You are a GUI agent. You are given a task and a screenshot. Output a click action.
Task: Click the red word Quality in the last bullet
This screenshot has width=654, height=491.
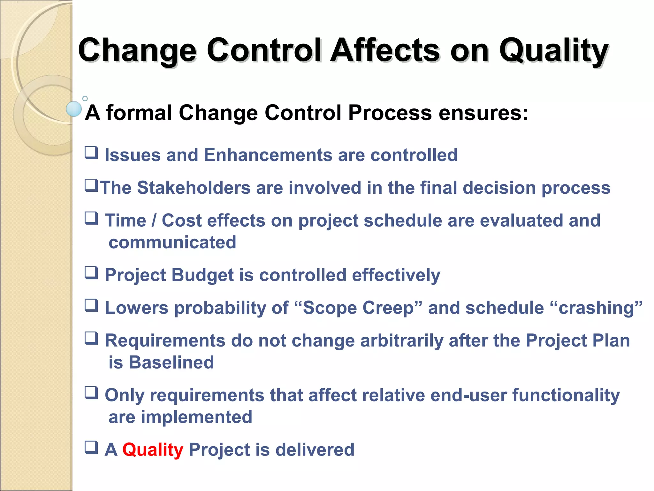tap(153, 449)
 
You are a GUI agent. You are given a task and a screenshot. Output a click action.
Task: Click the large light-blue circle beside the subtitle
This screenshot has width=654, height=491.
tap(74, 109)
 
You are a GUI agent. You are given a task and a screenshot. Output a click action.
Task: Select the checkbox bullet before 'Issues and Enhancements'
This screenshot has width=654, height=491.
tap(91, 153)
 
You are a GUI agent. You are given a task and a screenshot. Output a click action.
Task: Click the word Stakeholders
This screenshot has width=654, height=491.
tap(194, 188)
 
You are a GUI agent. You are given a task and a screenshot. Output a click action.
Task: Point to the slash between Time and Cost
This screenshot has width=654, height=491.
tap(154, 221)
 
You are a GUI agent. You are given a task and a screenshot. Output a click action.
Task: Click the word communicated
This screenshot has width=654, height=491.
tap(172, 242)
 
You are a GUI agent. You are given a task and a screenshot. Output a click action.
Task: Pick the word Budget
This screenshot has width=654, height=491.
tap(202, 275)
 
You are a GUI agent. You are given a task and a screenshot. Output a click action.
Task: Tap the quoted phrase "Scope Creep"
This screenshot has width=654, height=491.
tap(358, 308)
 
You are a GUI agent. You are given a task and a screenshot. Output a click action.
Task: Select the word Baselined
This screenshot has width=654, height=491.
tap(171, 362)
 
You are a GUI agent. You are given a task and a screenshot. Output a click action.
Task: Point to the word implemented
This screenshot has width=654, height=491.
tap(196, 417)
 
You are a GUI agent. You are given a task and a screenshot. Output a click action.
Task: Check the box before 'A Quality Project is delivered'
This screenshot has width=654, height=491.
tap(91, 448)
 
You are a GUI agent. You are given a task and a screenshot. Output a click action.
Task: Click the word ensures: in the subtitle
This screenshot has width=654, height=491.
tap(483, 113)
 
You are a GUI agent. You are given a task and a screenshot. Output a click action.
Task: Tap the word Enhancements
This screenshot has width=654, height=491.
tap(268, 155)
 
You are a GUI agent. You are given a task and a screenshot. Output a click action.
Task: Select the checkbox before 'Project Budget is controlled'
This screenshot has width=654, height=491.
tap(91, 273)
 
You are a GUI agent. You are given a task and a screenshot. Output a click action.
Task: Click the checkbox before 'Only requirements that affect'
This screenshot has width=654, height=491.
tap(91, 393)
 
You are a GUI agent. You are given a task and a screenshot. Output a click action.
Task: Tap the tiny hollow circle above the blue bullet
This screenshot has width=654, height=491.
tap(85, 98)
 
